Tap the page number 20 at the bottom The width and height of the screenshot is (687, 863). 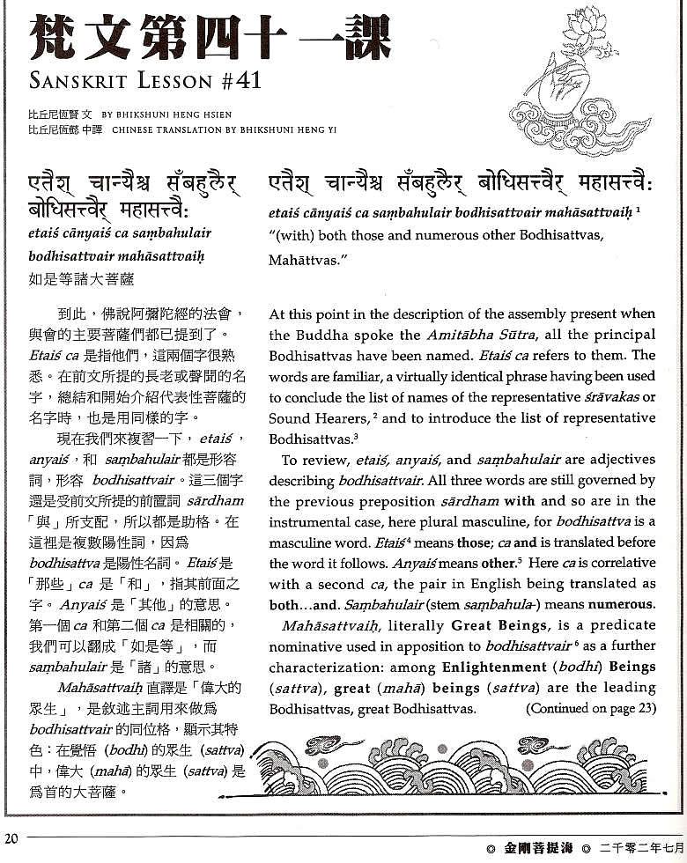coord(11,838)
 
